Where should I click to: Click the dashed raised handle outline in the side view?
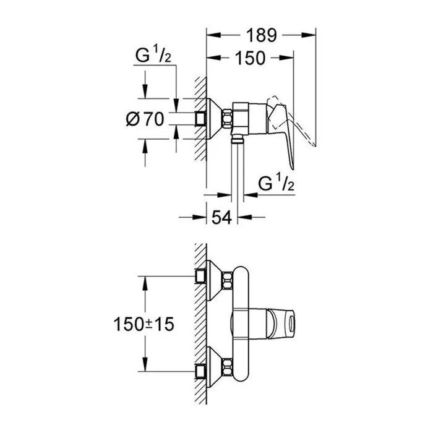point(303,124)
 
